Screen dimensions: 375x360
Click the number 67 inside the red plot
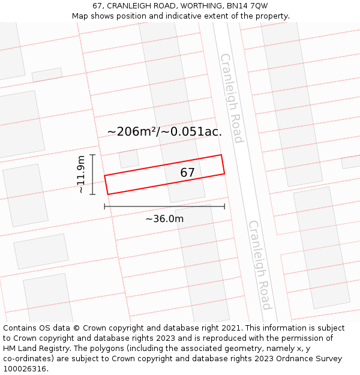188,173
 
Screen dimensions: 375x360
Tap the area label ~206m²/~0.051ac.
164,131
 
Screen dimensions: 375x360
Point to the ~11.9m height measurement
81,174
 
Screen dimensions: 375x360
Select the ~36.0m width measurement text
164,218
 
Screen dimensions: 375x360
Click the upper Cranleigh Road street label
232,98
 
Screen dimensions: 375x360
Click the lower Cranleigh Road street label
260,265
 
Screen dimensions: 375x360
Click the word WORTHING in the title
194,6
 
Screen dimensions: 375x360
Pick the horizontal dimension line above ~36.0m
164,206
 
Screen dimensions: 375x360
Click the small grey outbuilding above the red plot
129,158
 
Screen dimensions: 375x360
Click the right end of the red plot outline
223,164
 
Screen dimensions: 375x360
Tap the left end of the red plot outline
107,185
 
